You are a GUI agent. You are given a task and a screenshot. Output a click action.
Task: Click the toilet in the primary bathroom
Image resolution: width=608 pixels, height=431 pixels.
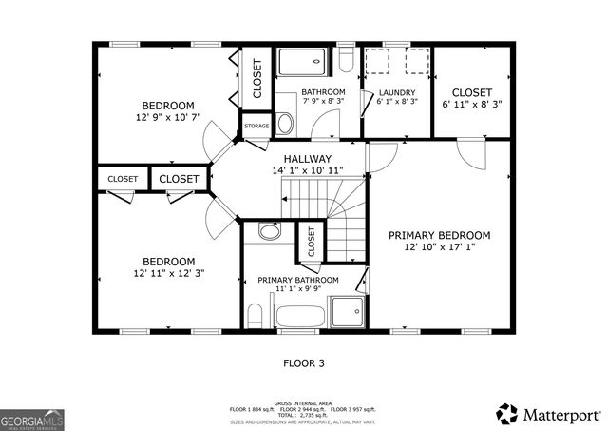point(255,313)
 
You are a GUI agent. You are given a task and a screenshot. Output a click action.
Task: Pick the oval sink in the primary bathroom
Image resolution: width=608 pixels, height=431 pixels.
point(269,231)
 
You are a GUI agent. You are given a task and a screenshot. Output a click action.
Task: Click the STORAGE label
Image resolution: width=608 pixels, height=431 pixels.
point(256,126)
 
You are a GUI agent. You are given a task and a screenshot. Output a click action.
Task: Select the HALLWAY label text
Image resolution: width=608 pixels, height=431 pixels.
point(307,159)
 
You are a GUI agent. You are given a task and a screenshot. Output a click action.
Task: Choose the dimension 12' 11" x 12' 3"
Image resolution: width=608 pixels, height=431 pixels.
point(168,273)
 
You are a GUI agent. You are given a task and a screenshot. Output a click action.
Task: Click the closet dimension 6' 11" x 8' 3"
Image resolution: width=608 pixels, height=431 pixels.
point(471,103)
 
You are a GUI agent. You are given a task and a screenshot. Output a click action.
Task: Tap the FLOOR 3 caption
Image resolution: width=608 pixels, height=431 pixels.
point(304,362)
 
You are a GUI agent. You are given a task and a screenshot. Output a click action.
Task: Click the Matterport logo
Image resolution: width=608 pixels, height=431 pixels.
point(548,414)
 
